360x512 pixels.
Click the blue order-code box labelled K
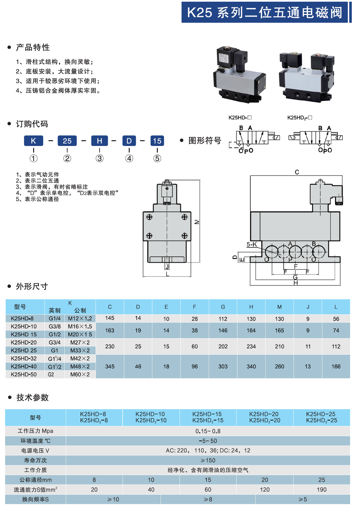coord(33,141)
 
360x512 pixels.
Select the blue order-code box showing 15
coord(157,141)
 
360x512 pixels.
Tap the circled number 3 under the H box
coord(100,159)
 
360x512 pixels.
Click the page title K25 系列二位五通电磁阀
coord(265,13)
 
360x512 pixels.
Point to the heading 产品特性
coord(33,47)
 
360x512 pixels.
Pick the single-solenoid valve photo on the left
coord(239,74)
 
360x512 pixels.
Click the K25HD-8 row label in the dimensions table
coord(22,319)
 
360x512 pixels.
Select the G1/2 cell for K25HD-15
coord(55,335)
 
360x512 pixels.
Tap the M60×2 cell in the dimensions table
coord(80,374)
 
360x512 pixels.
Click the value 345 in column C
coord(110,367)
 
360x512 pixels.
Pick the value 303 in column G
coord(223,367)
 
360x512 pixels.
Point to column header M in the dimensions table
coord(279,307)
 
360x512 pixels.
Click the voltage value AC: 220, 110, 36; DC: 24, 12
coord(208,450)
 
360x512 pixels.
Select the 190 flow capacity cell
coord(322,489)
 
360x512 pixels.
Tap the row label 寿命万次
coord(35,460)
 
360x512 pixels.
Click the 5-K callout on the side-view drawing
coord(252,244)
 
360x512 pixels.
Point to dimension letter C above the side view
coord(297,172)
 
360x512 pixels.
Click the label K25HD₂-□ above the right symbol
coord(299,118)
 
